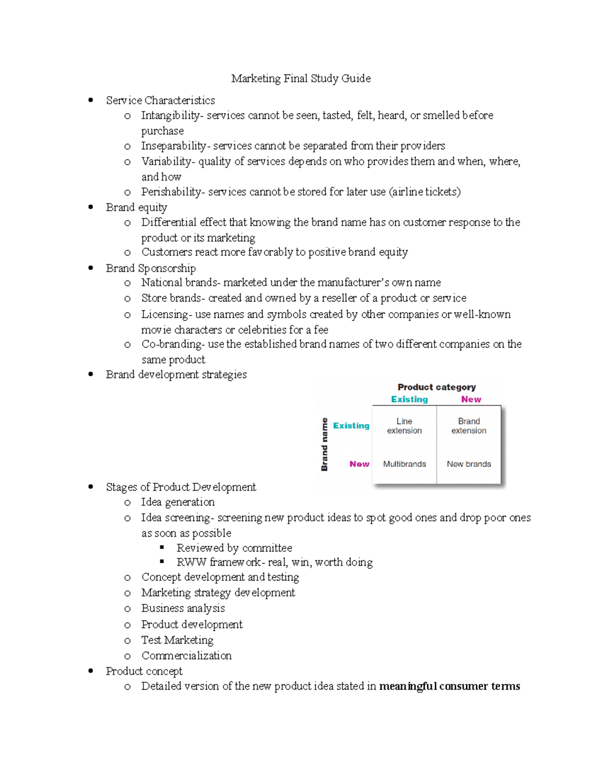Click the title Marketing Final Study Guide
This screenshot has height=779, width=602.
pyautogui.click(x=300, y=79)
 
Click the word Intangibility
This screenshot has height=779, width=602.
pyautogui.click(x=170, y=115)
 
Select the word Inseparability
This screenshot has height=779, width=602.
pyautogui.click(x=173, y=146)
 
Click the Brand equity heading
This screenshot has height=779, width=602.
pyautogui.click(x=136, y=208)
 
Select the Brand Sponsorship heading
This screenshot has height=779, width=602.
pyautogui.click(x=150, y=268)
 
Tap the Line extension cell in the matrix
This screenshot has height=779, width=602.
pyautogui.click(x=404, y=426)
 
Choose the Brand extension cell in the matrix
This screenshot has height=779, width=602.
pyautogui.click(x=469, y=426)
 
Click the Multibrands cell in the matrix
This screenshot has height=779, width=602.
pyautogui.click(x=404, y=464)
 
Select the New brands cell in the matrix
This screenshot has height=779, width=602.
pyautogui.click(x=469, y=464)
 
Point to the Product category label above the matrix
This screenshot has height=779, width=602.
pyautogui.click(x=436, y=387)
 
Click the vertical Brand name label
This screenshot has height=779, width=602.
pyautogui.click(x=325, y=444)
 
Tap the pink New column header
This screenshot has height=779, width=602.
pyautogui.click(x=471, y=400)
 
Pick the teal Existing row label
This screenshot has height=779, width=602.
pyautogui.click(x=351, y=426)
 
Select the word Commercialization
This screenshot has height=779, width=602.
pyautogui.click(x=187, y=656)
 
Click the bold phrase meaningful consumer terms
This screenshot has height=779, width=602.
pyautogui.click(x=449, y=686)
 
